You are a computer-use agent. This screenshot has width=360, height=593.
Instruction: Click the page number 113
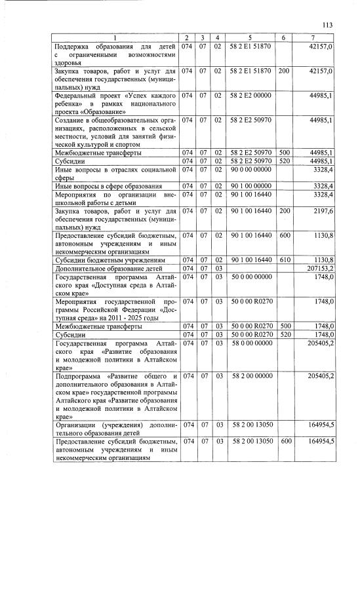pyautogui.click(x=328, y=25)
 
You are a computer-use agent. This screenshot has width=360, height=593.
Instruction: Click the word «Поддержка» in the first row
pyautogui.click(x=74, y=47)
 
